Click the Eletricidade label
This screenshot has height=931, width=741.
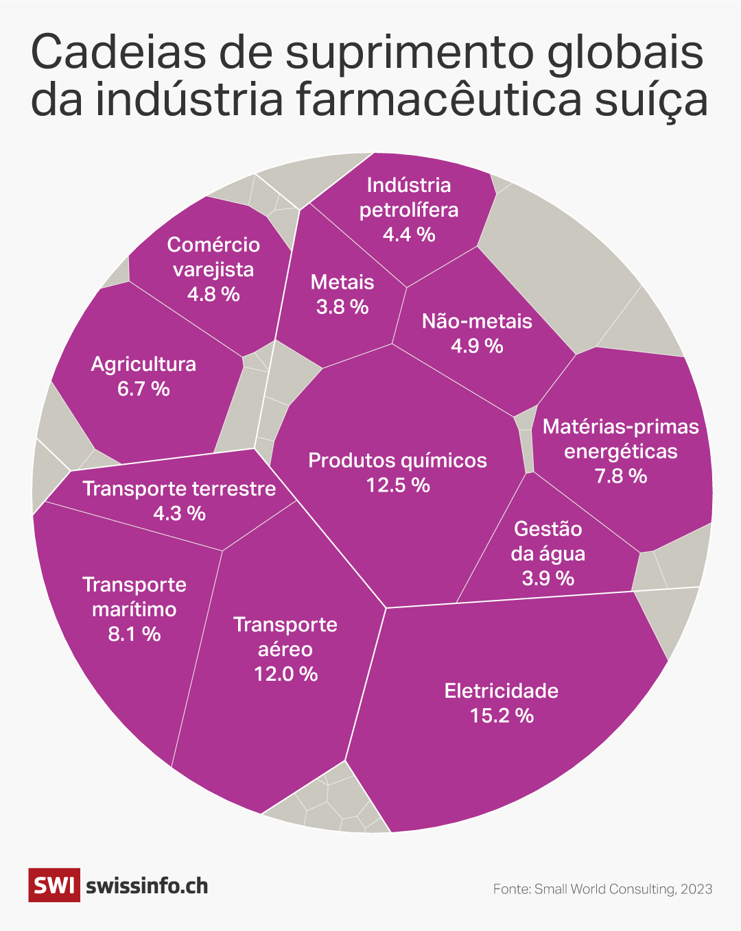point(501,690)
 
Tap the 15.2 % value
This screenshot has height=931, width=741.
point(502,716)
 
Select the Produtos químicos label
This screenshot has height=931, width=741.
point(397,460)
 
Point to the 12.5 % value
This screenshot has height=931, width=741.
point(397,485)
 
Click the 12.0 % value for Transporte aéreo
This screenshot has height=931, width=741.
point(285,674)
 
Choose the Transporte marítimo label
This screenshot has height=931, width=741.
point(134,596)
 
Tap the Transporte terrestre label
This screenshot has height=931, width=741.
point(179,489)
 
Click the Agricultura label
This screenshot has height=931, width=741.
point(143,364)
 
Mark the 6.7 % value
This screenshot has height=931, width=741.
point(143,389)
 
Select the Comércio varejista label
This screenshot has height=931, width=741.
point(213,257)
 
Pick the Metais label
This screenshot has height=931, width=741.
point(342,282)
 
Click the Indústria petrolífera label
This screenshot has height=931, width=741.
point(409,197)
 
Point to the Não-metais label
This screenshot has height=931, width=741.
point(477,321)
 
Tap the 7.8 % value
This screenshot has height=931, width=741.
point(621,476)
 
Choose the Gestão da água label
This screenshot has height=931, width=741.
point(548,541)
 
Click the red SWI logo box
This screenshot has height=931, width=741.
point(54,885)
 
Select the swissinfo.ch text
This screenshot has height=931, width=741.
point(147,886)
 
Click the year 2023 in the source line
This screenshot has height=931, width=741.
point(697,889)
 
